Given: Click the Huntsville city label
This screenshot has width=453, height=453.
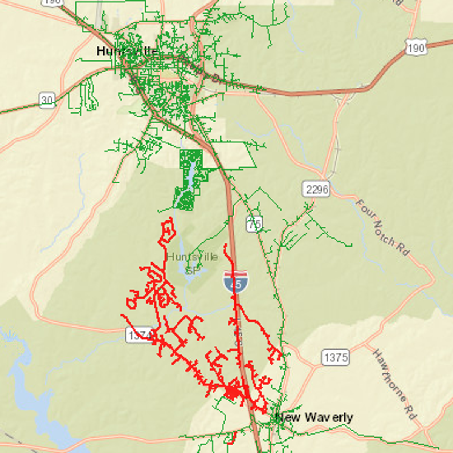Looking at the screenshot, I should pyautogui.click(x=127, y=51).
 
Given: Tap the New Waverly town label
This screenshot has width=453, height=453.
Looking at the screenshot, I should pyautogui.click(x=314, y=417).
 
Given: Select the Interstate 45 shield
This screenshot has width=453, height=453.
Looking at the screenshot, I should pyautogui.click(x=235, y=282).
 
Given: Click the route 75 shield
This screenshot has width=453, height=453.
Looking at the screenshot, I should pyautogui.click(x=254, y=224).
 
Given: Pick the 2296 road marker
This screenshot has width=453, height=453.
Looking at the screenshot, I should pyautogui.click(x=316, y=189).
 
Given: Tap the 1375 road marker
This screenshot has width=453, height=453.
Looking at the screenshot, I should pyautogui.click(x=336, y=357).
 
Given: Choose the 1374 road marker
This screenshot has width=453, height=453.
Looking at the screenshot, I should pyautogui.click(x=139, y=335).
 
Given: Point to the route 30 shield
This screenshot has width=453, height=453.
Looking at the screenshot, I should pyautogui.click(x=47, y=100).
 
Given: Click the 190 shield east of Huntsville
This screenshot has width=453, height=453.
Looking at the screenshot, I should pyautogui.click(x=416, y=47).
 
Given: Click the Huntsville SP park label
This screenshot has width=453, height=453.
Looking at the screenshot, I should pyautogui.click(x=193, y=263).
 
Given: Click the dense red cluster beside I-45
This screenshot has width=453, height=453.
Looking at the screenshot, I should pyautogui.click(x=233, y=392).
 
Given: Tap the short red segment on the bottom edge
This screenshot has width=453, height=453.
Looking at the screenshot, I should pyautogui.click(x=233, y=438).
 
